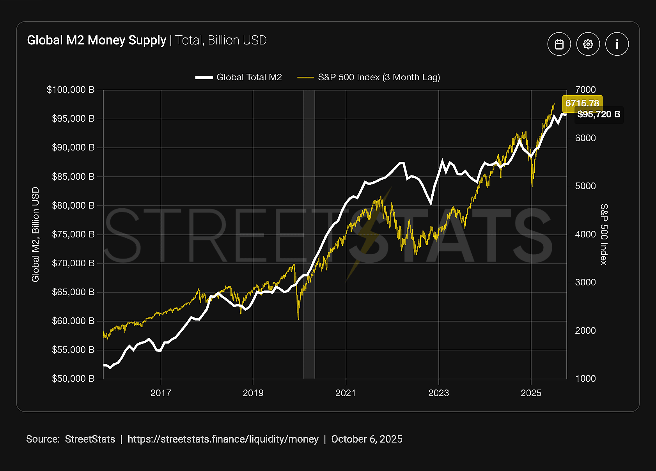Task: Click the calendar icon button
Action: click(559, 44)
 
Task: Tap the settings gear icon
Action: click(588, 44)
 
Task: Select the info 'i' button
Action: click(617, 44)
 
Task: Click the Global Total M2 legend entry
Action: click(239, 77)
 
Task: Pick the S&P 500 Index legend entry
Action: click(369, 77)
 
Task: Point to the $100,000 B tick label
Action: click(71, 90)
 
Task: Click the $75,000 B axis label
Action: click(73, 234)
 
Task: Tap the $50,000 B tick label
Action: click(73, 379)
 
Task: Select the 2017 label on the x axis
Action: click(161, 393)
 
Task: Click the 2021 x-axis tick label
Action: click(346, 393)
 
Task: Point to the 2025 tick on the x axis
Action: click(531, 393)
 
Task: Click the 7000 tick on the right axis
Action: click(585, 90)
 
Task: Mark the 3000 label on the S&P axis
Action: click(585, 282)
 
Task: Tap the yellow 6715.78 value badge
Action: click(582, 103)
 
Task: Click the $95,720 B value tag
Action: click(599, 114)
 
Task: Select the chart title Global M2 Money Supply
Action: click(97, 40)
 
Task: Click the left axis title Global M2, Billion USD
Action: click(35, 234)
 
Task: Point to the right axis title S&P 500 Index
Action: click(604, 234)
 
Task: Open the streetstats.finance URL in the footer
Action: click(223, 439)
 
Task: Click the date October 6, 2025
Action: click(367, 439)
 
